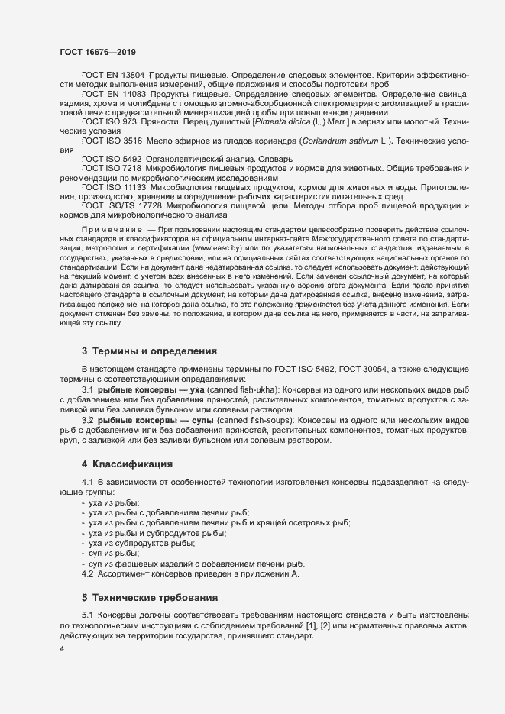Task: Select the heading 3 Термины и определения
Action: point(149,351)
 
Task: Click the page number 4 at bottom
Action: point(62,648)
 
